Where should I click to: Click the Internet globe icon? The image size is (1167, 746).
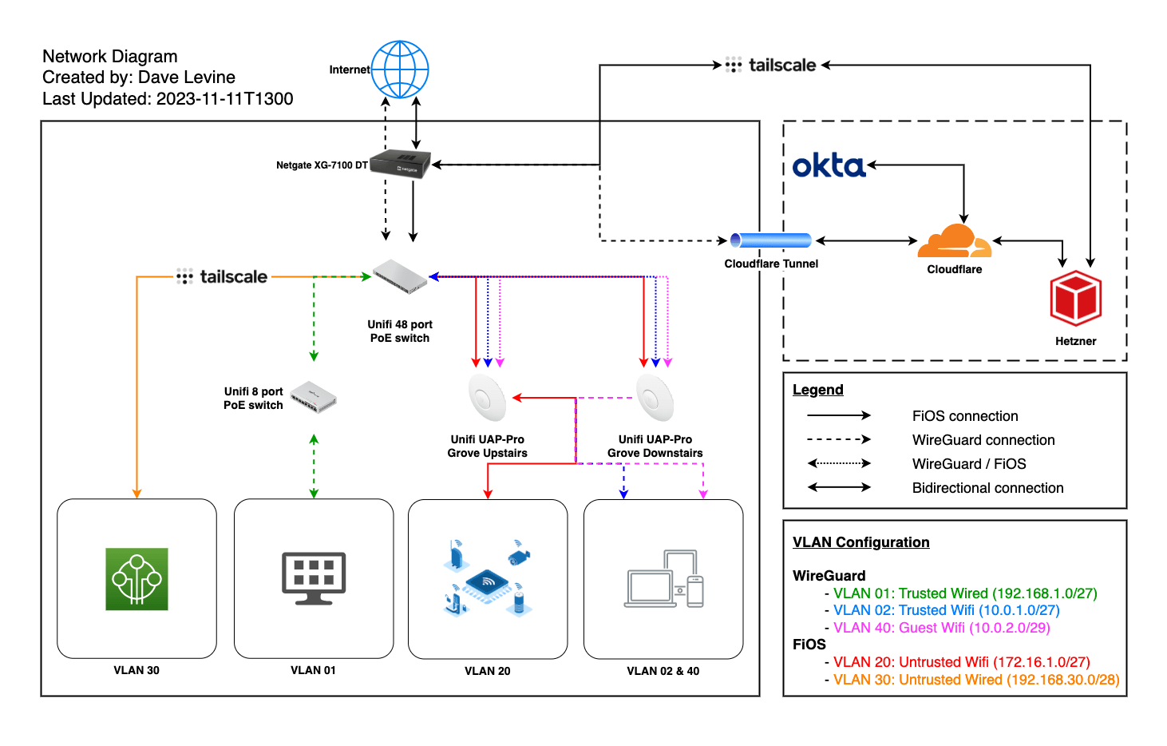400,69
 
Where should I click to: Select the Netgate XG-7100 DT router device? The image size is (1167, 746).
402,164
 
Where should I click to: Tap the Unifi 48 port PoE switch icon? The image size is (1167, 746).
400,276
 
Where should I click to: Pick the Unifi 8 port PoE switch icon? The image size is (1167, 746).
313,397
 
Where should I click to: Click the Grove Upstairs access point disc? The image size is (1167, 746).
487,397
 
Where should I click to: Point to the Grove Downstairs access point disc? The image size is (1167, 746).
655,397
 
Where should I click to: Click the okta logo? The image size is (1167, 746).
829,165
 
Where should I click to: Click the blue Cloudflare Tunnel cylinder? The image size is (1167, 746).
771,240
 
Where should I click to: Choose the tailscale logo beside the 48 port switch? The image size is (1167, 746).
222,277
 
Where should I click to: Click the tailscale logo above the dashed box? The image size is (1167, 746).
770,65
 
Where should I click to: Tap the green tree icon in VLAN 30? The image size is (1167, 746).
136,579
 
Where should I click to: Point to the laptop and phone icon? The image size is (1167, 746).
663,579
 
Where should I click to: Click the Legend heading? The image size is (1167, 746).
817,390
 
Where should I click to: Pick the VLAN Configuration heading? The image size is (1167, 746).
860,542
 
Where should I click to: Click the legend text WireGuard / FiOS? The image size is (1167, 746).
968,464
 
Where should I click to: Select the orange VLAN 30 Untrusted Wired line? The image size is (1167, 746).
975,680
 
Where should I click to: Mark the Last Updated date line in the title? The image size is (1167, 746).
168,99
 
